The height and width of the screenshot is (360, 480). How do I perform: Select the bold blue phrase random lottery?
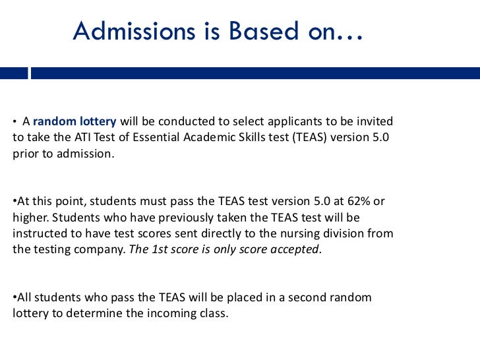click(x=75, y=122)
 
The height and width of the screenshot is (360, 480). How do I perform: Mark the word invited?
click(x=376, y=122)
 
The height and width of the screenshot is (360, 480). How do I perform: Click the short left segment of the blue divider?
click(x=13, y=73)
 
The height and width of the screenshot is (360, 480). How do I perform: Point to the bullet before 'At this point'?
click(x=15, y=202)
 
